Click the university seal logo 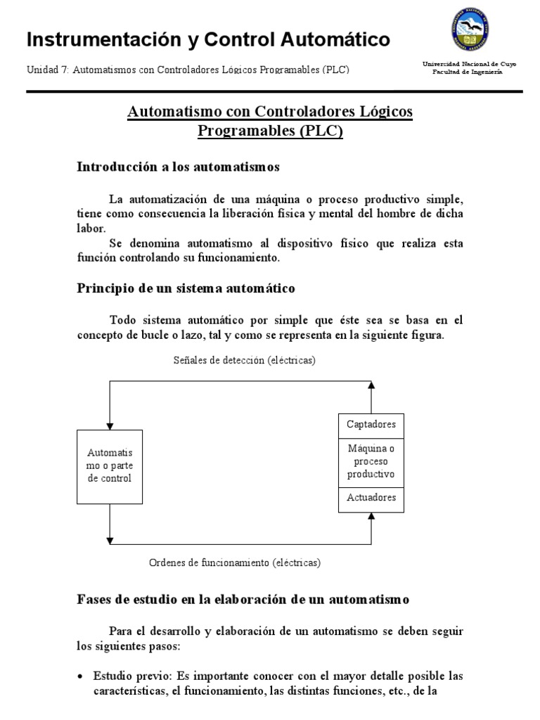469,31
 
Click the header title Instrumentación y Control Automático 208,40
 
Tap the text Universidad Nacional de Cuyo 468,64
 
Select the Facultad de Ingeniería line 467,72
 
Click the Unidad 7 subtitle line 188,70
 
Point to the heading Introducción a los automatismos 178,167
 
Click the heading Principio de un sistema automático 186,288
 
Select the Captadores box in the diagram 371,424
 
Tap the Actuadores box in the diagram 371,498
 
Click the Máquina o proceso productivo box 371,461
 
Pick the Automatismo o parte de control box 109,466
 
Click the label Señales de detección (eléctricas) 245,361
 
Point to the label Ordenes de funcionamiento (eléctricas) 235,563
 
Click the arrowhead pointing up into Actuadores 372,517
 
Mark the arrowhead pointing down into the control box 109,425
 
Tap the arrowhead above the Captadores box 372,385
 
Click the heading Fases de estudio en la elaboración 242,599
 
